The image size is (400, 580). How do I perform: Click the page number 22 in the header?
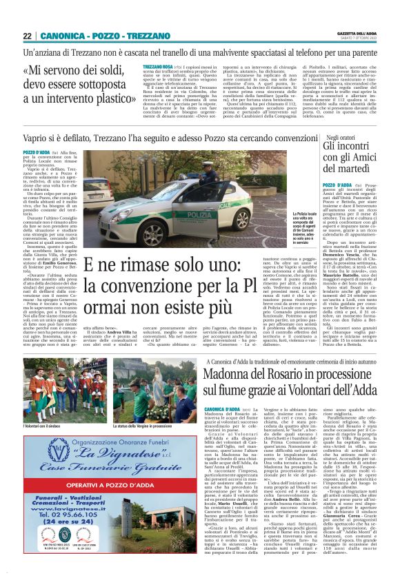coord(28,35)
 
